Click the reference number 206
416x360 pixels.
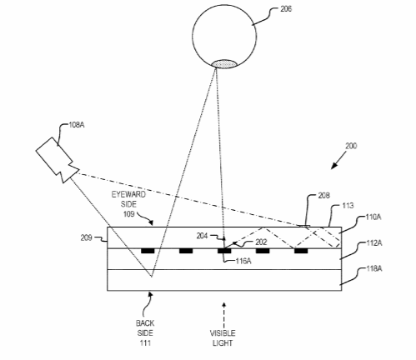(286, 9)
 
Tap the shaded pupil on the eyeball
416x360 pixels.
(224, 64)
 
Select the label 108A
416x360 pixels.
(77, 125)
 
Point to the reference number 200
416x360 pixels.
(351, 146)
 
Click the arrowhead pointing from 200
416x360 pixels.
(334, 165)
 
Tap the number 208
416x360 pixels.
(324, 196)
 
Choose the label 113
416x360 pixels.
(348, 206)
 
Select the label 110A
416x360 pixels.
(373, 217)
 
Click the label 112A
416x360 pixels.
(374, 243)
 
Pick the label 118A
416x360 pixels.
(374, 268)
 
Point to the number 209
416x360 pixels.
(87, 237)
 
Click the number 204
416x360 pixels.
(202, 236)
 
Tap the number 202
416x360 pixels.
(261, 242)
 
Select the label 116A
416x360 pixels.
(243, 261)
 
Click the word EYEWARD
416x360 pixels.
(128, 194)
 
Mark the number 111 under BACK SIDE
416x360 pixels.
(145, 342)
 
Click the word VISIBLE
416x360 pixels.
(223, 333)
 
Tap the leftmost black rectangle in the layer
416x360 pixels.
(148, 251)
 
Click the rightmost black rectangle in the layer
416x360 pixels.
(301, 251)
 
